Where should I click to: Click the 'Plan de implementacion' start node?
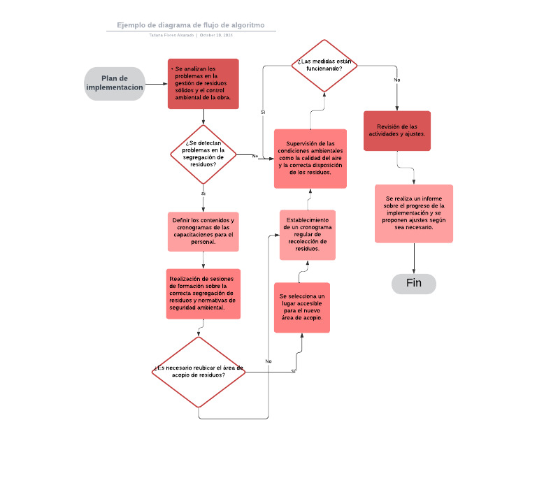115,84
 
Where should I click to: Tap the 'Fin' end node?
413,284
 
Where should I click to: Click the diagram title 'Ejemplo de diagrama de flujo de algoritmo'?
191,25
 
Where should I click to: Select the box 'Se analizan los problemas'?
203,84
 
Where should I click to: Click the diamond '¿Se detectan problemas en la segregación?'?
203,154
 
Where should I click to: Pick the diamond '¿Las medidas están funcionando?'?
324,66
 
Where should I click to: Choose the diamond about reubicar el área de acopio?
199,372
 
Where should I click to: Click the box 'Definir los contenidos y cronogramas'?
203,231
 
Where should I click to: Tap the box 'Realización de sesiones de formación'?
203,294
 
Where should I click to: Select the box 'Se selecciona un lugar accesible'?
301,307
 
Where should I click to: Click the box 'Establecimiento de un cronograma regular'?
308,235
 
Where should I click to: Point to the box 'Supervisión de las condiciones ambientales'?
310,159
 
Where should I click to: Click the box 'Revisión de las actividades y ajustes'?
397,131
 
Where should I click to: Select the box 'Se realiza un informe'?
413,213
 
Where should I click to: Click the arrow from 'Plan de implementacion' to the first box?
156,84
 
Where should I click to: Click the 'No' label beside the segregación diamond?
255,156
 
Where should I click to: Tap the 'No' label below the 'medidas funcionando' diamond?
397,80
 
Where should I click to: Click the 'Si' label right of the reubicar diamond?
293,372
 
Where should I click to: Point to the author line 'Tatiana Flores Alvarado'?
172,35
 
